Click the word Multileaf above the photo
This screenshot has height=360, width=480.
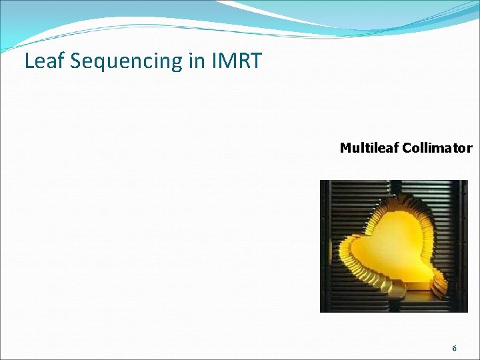point(369,148)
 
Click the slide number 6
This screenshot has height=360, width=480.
point(455,349)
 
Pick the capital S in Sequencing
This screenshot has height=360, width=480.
point(74,61)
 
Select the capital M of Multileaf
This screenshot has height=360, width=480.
point(345,148)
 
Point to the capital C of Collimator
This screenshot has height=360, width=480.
point(407,148)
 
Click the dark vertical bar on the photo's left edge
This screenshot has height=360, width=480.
point(325,247)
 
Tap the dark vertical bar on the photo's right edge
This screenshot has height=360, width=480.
point(463,247)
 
